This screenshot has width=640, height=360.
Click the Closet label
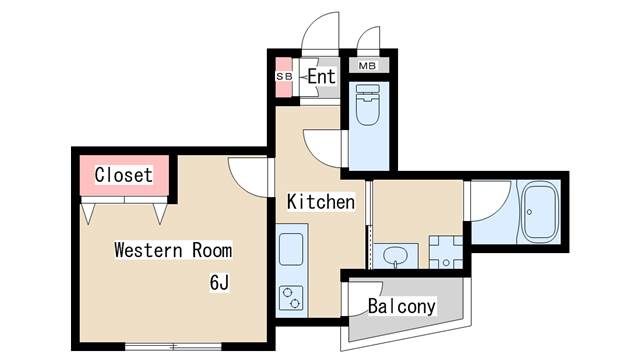click(x=124, y=175)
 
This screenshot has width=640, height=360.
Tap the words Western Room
click(x=173, y=250)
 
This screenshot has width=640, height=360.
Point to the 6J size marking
click(x=219, y=282)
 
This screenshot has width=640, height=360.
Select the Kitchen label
click(x=321, y=202)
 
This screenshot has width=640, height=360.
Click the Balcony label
click(x=402, y=306)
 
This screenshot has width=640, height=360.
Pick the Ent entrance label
click(x=322, y=76)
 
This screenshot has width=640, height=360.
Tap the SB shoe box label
click(x=284, y=76)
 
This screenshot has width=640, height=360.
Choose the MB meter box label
click(x=367, y=65)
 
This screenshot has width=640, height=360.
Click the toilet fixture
click(x=367, y=104)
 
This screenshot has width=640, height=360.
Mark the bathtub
click(x=541, y=212)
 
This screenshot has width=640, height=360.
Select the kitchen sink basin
click(x=291, y=249)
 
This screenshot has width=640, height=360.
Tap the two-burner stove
click(x=291, y=298)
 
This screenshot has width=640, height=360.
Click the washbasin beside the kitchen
click(x=395, y=256)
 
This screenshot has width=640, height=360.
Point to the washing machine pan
click(x=446, y=252)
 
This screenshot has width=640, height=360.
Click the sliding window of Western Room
click(x=173, y=347)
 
